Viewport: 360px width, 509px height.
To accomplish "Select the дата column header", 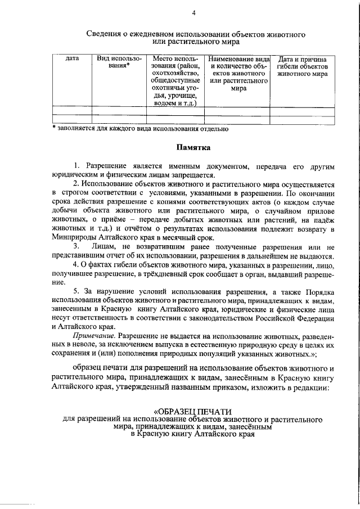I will click(x=72, y=58).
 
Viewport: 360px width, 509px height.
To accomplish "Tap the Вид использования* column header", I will click(x=118, y=62).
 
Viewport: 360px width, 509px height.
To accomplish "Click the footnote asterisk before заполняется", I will click(x=54, y=129).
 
